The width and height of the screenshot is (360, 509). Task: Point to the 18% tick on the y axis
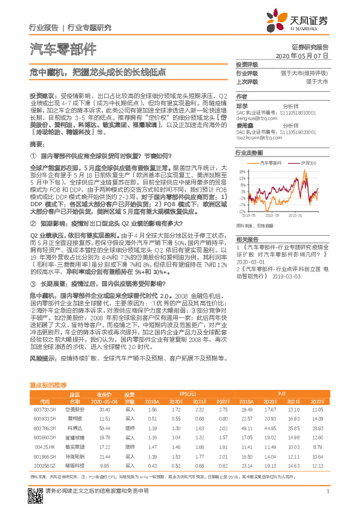[241, 171]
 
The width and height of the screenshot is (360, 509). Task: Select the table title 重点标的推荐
[48, 384]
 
